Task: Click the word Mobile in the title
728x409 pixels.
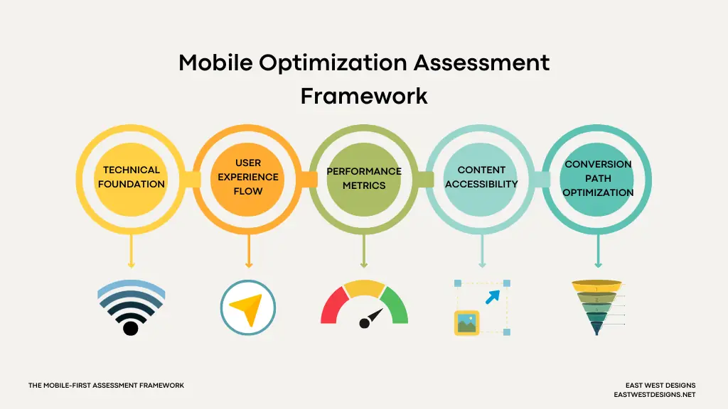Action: point(215,62)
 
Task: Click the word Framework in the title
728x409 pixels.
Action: point(364,95)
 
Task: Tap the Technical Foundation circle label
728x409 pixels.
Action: point(131,177)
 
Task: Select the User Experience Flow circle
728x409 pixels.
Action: point(248,177)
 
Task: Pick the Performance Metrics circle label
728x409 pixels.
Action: point(364,178)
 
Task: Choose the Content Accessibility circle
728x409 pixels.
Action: point(481,177)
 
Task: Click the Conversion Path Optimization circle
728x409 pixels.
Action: point(598,178)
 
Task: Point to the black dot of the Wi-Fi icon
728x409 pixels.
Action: point(130,327)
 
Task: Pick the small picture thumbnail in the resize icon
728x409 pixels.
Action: point(466,323)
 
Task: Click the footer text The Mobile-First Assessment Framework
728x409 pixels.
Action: point(106,386)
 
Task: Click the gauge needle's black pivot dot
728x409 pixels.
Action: point(365,324)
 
